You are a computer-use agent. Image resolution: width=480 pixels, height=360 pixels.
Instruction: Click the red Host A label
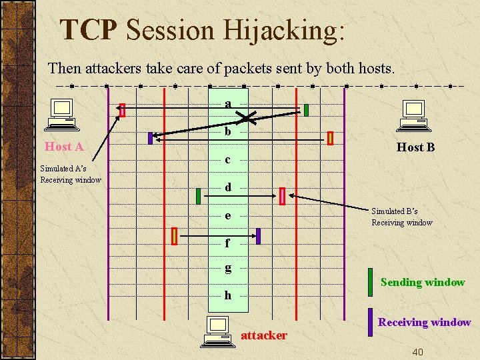point(64,147)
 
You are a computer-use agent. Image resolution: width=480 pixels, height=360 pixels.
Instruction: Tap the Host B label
point(415,147)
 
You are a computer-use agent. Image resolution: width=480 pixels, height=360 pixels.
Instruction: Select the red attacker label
point(264,335)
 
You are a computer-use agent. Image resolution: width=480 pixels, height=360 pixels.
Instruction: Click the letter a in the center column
point(228,104)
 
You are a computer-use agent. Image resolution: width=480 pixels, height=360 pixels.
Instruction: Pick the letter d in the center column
point(228,187)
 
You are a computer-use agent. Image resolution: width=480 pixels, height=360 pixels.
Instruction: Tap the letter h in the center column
point(228,295)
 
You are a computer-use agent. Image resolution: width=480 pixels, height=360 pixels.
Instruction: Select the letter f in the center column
point(228,243)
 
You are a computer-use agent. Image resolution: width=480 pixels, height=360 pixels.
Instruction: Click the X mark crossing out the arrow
point(247,119)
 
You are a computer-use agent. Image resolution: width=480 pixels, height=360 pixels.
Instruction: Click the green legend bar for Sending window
point(370,282)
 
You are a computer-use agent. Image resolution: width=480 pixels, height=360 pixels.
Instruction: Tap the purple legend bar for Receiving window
point(370,322)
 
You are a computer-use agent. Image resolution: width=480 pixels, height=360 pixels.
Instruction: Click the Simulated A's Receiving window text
point(70,174)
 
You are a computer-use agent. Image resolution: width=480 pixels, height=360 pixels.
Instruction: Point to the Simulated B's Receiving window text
point(402,217)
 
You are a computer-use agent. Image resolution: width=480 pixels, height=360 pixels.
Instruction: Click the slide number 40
point(417,351)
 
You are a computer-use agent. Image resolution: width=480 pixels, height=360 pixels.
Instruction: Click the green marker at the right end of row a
point(306,111)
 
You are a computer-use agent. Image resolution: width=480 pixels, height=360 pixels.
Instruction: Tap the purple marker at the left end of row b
point(151,139)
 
